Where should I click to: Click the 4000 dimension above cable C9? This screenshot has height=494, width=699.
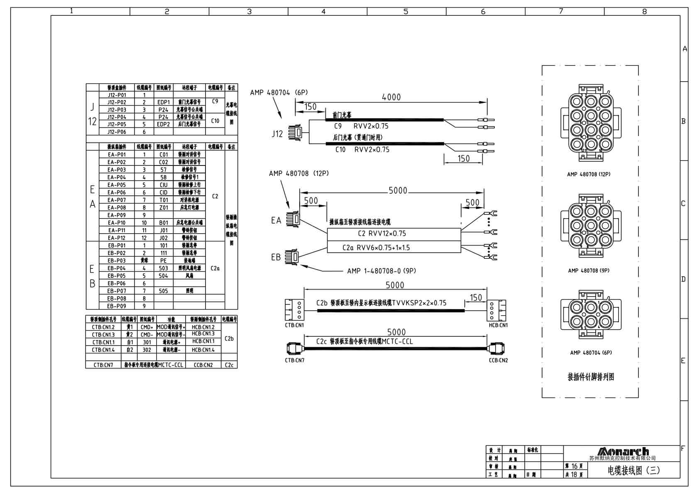click(391, 97)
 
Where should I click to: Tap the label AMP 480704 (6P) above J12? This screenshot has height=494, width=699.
click(279, 92)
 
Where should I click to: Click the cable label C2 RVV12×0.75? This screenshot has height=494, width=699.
click(382, 234)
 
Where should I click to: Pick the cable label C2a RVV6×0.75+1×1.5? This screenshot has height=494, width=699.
click(376, 248)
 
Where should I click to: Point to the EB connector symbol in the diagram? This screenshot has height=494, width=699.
click(292, 257)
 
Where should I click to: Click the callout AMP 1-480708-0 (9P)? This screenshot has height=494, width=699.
click(381, 271)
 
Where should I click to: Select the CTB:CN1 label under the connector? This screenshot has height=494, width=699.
click(294, 325)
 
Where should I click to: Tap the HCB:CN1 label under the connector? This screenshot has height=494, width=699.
click(498, 325)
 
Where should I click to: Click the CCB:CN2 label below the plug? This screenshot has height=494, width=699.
click(498, 360)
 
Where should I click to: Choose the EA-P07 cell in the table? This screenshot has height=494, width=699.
click(116, 200)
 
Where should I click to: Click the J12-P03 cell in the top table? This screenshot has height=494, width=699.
click(116, 110)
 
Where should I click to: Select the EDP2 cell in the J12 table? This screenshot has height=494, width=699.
click(164, 124)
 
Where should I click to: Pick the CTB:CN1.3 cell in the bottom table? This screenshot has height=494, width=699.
click(103, 335)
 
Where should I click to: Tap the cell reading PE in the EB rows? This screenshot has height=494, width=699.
click(164, 260)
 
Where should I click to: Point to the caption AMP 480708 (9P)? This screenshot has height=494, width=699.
click(589, 270)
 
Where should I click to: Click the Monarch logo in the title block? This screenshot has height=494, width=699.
click(623, 451)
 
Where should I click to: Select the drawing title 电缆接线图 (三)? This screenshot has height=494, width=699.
click(633, 470)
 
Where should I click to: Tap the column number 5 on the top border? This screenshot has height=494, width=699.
click(406, 12)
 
